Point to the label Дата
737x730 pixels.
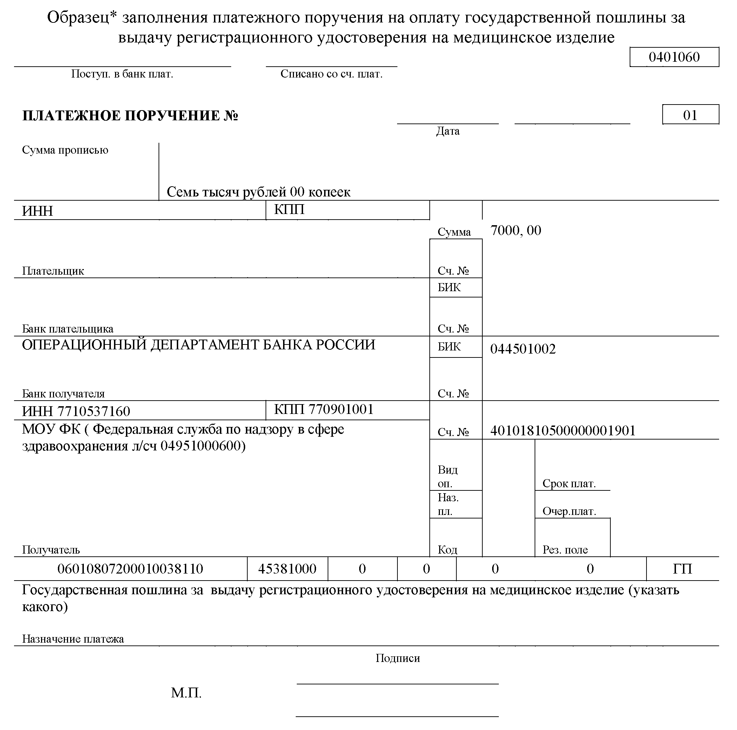point(448,132)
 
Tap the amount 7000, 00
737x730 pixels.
point(515,231)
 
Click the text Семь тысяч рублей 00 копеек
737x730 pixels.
point(258,192)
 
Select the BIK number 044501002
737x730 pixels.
point(523,349)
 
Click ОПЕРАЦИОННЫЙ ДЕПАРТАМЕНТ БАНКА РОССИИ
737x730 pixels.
point(198,345)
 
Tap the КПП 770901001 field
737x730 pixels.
point(323,410)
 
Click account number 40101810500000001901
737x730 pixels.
point(563,431)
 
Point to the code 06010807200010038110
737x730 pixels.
point(130,569)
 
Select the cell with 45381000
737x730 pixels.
point(287,569)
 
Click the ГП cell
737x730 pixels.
point(682,569)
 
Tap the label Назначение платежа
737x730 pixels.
point(73,639)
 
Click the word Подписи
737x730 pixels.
point(397,658)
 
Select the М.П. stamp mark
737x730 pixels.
point(186,692)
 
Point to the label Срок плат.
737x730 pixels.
point(569,484)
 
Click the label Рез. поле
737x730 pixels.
point(565,550)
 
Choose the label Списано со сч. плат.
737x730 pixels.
point(331,74)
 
